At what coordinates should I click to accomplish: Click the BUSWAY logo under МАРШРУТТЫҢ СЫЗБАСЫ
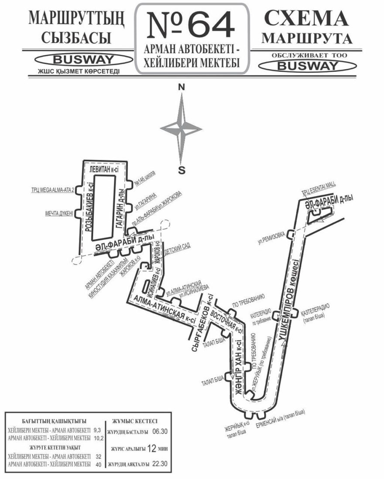click(x=76, y=59)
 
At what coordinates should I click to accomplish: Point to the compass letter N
click(x=181, y=87)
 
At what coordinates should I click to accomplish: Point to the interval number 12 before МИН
click(x=151, y=448)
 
